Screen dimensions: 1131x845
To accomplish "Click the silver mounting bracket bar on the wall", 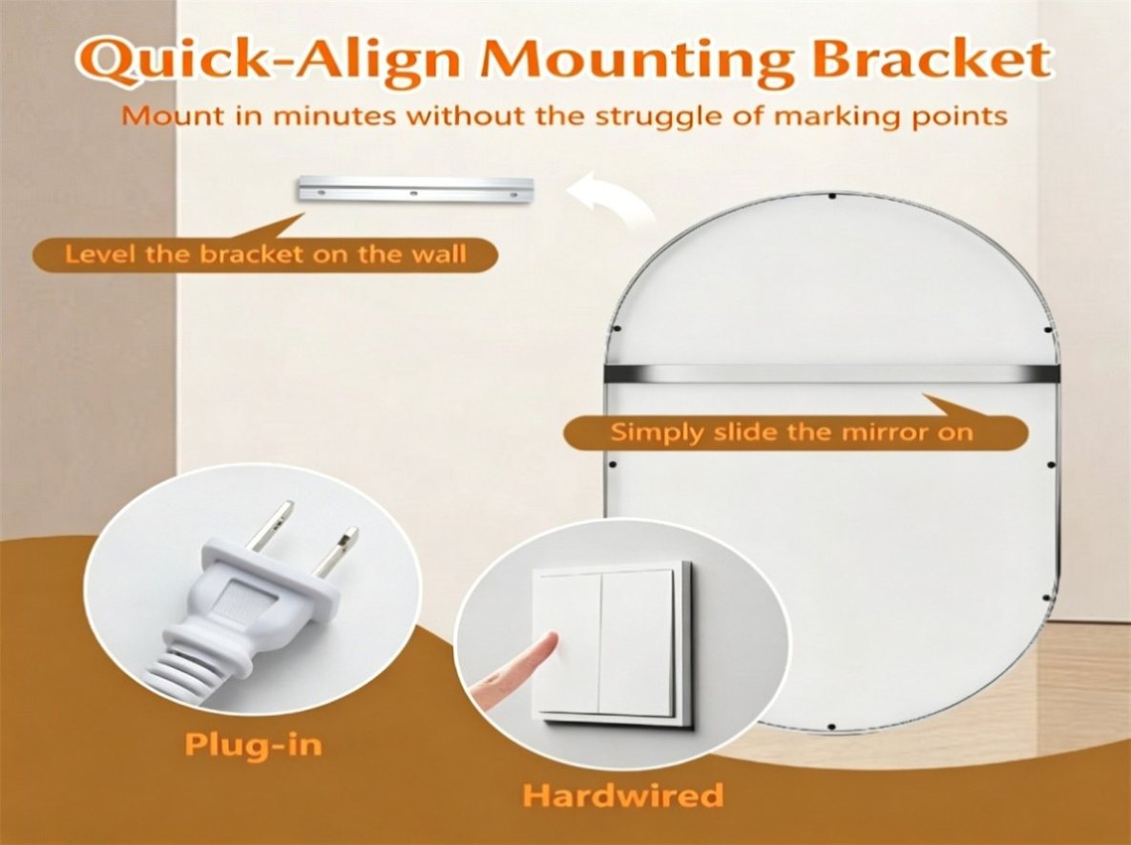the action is point(415,190).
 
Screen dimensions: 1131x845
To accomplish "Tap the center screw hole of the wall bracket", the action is point(413,193).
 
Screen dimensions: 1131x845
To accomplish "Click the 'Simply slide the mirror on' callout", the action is point(792,432).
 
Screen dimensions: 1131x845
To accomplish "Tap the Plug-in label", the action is point(253,744).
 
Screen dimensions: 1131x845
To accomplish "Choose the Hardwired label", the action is point(622,795).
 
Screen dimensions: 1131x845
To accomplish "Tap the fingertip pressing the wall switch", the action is point(547,644).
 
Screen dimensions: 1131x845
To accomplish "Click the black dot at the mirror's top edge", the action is point(831,196).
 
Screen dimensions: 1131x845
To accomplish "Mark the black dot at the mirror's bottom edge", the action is point(831,726).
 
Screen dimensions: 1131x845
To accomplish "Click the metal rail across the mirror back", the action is point(830,373).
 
